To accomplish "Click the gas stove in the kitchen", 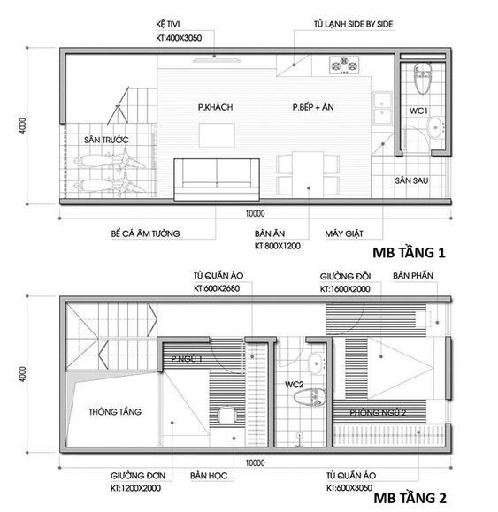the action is click(x=344, y=65).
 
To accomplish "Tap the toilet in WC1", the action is click(x=423, y=78).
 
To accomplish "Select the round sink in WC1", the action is click(x=435, y=128).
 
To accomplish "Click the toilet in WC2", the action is click(x=310, y=397).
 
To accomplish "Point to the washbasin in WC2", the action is click(x=317, y=363).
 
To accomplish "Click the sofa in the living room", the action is click(x=217, y=180).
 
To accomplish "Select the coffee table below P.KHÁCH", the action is click(x=217, y=135).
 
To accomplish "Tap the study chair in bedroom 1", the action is click(x=226, y=416).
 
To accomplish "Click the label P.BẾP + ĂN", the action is click(x=313, y=107).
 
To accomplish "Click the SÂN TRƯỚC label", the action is click(x=106, y=140).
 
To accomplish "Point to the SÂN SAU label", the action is click(x=411, y=180).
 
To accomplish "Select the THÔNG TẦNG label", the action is click(x=115, y=411).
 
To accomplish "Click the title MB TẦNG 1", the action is click(x=409, y=252).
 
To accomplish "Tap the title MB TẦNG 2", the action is click(x=410, y=498).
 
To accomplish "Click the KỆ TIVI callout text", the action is click(x=167, y=24).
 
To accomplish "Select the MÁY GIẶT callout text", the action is click(x=344, y=233).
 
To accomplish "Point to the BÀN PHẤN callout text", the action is click(x=413, y=275).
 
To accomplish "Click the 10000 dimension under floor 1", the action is click(x=255, y=213).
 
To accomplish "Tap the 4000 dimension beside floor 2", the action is click(x=22, y=374).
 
